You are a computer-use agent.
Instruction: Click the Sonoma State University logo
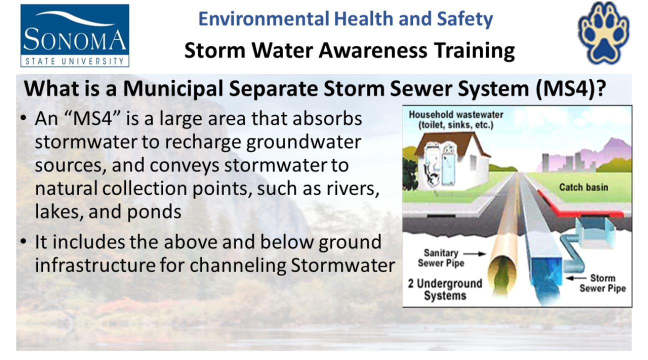[74, 35]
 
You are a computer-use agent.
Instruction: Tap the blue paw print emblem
[603, 33]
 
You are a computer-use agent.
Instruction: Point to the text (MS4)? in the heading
[570, 88]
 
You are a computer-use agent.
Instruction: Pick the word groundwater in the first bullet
[303, 142]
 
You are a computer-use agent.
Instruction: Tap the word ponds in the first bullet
[154, 212]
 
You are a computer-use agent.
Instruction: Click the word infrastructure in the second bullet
[95, 265]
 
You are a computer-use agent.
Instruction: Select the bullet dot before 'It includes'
[23, 241]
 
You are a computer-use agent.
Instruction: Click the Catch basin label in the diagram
[583, 187]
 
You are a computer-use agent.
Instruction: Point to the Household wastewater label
[456, 120]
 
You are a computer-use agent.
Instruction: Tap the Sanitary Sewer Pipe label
[441, 258]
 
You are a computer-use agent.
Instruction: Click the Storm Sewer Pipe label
[602, 283]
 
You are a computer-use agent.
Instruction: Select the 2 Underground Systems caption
[445, 289]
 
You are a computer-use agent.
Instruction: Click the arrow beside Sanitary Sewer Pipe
[474, 254]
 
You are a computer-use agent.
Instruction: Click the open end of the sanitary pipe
[502, 274]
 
